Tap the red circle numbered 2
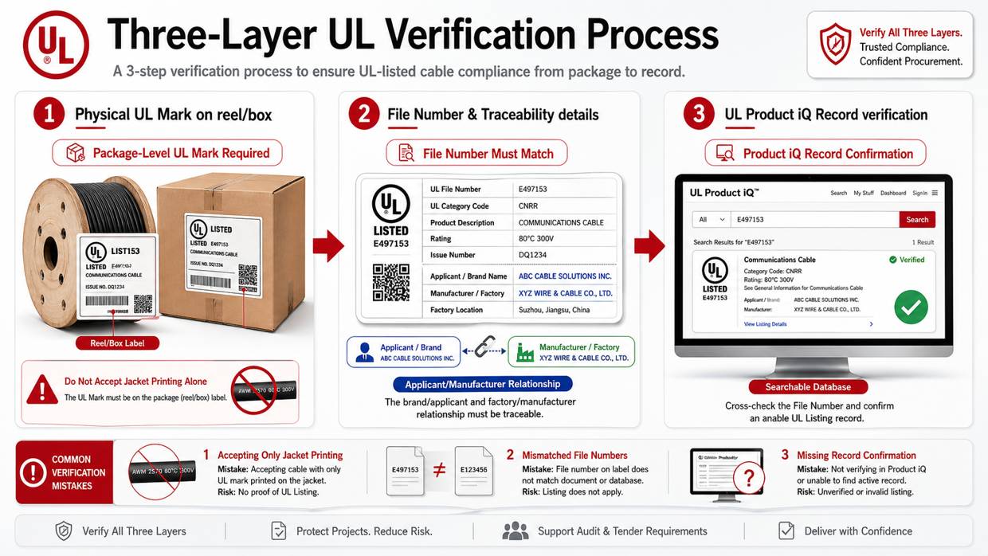click(363, 114)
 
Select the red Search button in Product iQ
click(916, 219)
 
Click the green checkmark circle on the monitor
click(910, 307)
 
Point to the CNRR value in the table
click(528, 206)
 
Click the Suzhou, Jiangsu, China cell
click(554, 310)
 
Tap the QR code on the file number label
click(390, 282)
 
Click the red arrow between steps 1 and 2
click(327, 246)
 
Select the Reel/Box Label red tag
click(118, 343)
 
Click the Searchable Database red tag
click(808, 387)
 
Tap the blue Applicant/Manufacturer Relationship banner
click(483, 384)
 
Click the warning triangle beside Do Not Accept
click(41, 390)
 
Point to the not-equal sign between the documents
click(438, 470)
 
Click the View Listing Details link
click(765, 324)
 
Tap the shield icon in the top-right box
click(835, 44)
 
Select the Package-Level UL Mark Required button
click(167, 153)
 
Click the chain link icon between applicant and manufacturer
click(484, 347)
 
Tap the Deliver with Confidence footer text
click(857, 531)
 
